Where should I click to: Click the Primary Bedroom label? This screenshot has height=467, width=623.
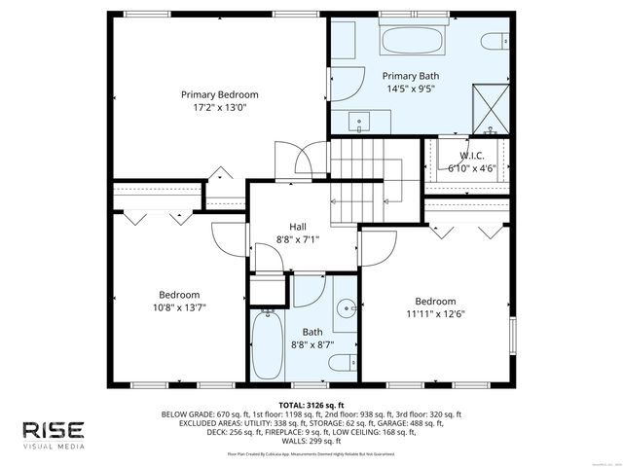tap(220, 94)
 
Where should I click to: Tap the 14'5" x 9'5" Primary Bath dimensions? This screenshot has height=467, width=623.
tap(409, 89)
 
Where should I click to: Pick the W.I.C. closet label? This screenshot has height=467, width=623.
tap(472, 154)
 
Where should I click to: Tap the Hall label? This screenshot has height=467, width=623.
tap(298, 226)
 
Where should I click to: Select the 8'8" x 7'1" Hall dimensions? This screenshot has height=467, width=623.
tap(298, 239)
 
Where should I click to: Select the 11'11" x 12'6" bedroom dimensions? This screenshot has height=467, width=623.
tap(435, 313)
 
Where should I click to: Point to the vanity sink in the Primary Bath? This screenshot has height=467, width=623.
tap(359, 123)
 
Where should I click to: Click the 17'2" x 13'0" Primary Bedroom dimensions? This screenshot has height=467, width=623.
tap(220, 108)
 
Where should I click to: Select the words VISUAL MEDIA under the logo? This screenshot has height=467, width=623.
tap(54, 448)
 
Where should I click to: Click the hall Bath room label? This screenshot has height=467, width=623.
tap(311, 331)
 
